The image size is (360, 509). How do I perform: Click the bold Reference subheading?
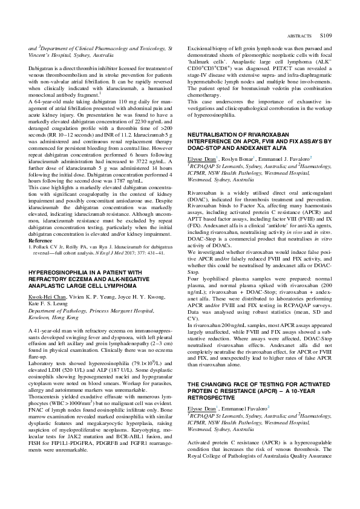(x=41, y=239)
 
